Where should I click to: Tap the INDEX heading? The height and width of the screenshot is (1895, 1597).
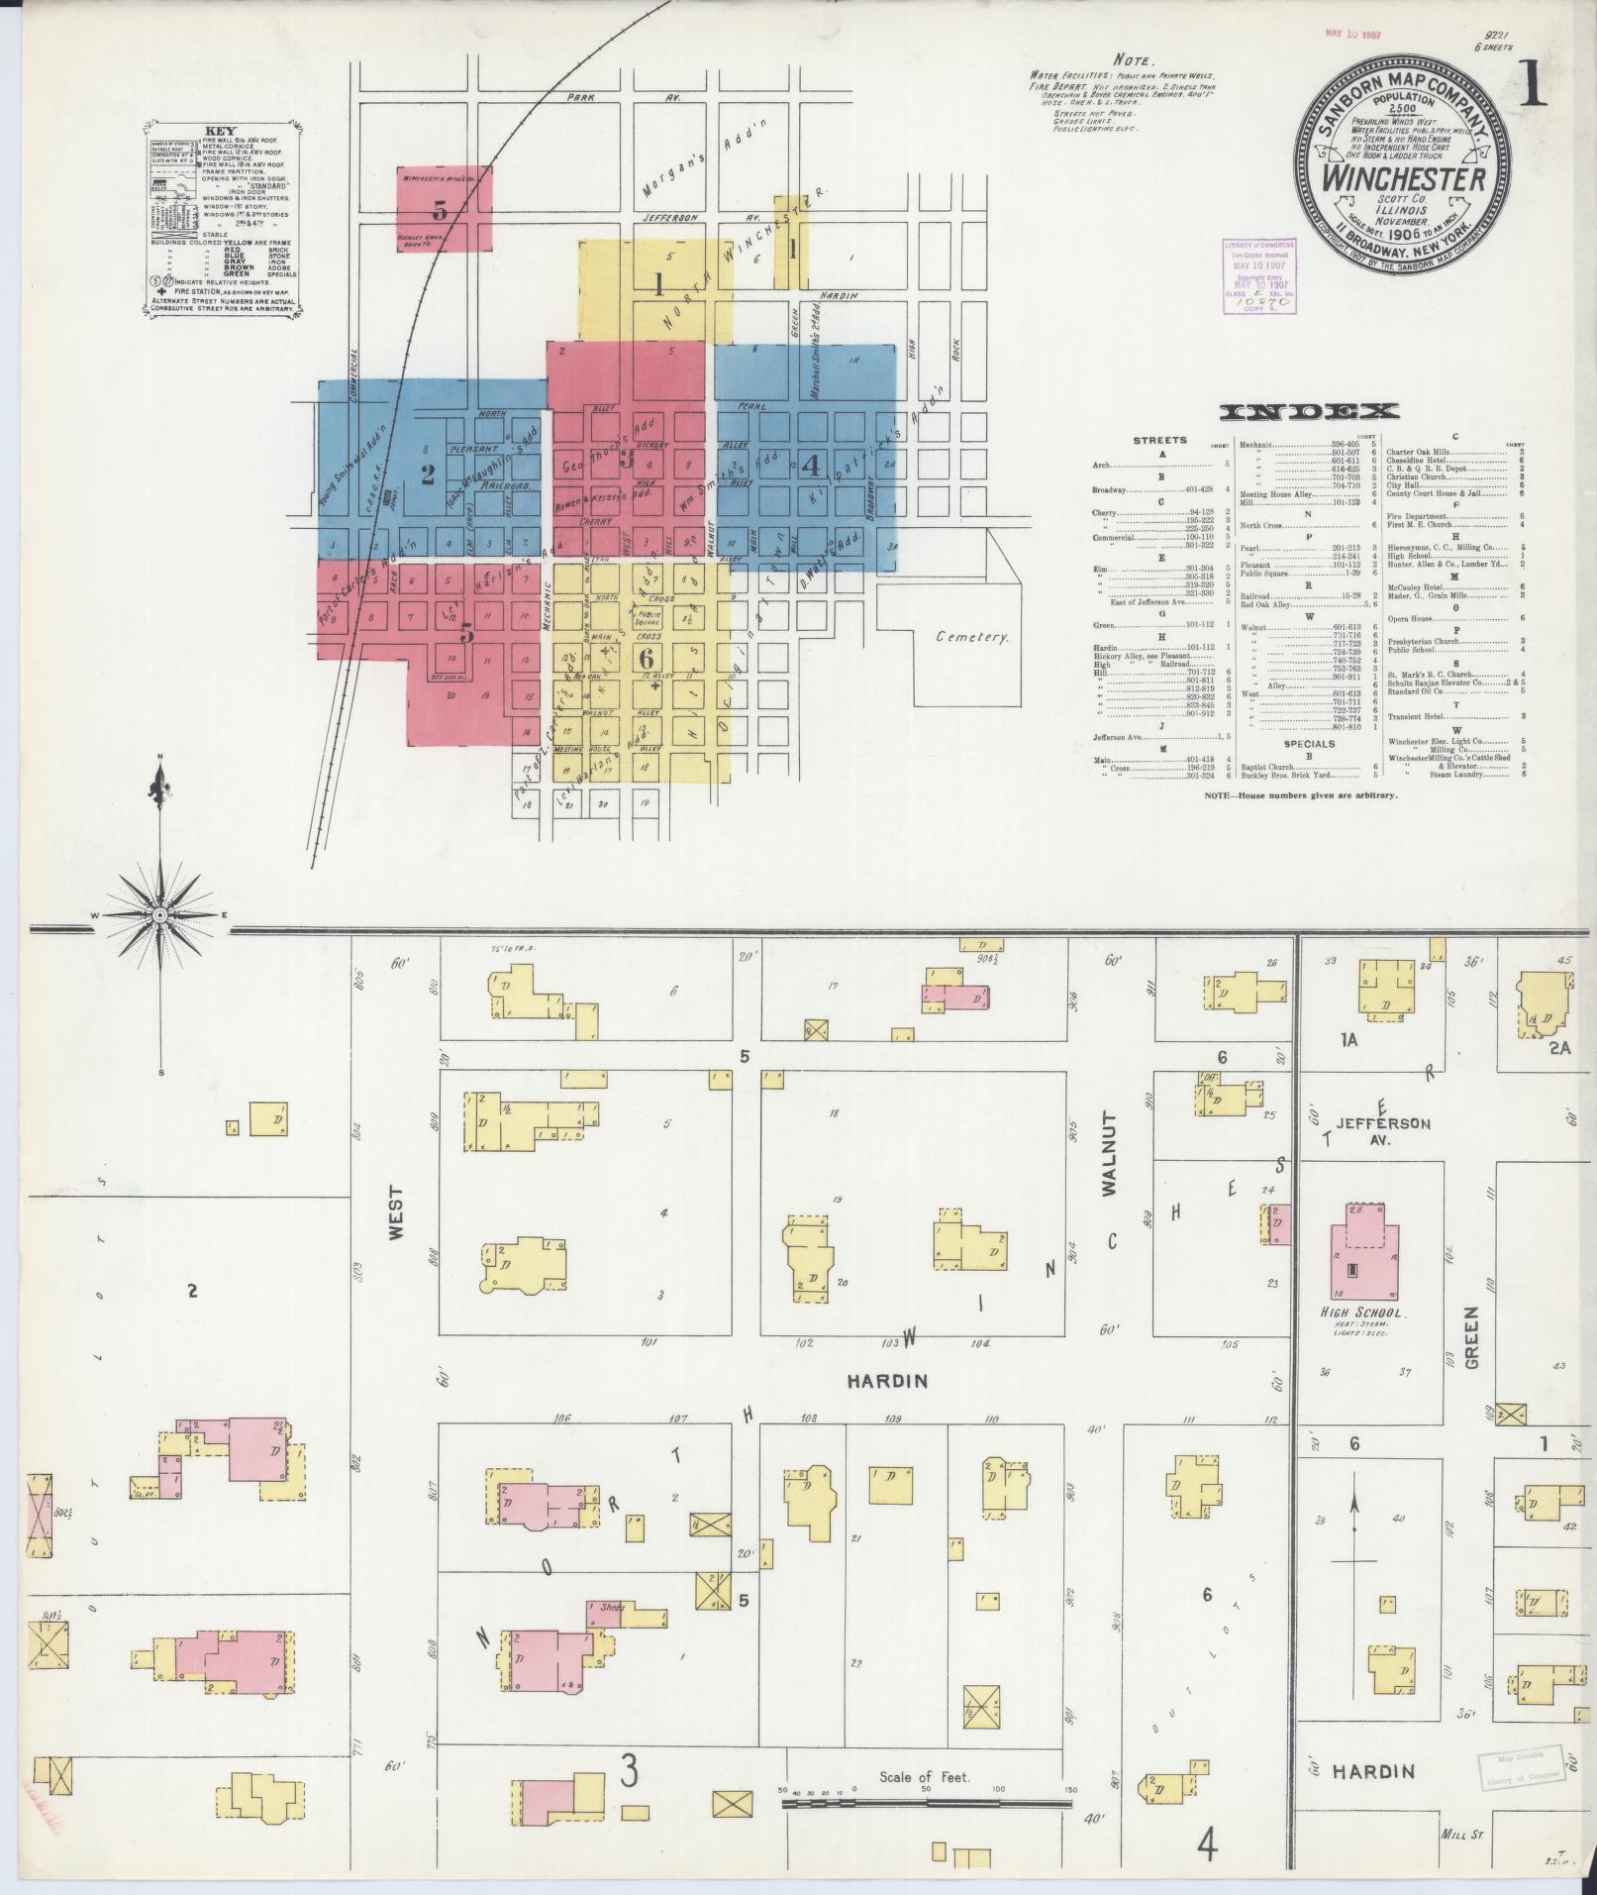coord(1309,412)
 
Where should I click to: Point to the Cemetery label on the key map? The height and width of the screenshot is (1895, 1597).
coord(972,638)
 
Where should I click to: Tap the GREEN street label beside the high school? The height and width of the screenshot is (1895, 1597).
coord(1469,1337)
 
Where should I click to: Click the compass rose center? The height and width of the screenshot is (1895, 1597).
coord(160,914)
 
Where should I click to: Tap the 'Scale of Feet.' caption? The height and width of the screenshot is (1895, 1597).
coord(925,1776)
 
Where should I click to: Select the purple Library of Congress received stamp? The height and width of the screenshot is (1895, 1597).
coord(1255,276)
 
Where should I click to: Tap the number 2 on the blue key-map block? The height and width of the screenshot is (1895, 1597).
coord(428,474)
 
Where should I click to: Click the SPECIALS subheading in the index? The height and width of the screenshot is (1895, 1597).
coord(1310,743)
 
